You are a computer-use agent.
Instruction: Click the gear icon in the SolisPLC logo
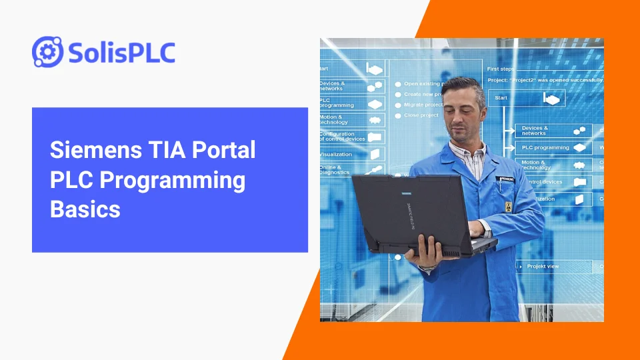pyautogui.click(x=47, y=51)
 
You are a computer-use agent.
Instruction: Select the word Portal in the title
pyautogui.click(x=224, y=150)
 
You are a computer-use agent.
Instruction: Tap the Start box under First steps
pyautogui.click(x=527, y=98)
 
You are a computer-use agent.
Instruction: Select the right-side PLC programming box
pyautogui.click(x=553, y=147)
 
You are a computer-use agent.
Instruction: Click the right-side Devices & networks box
pyautogui.click(x=553, y=130)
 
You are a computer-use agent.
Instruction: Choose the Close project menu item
pyautogui.click(x=421, y=115)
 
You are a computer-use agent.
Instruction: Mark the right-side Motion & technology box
pyautogui.click(x=553, y=165)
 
